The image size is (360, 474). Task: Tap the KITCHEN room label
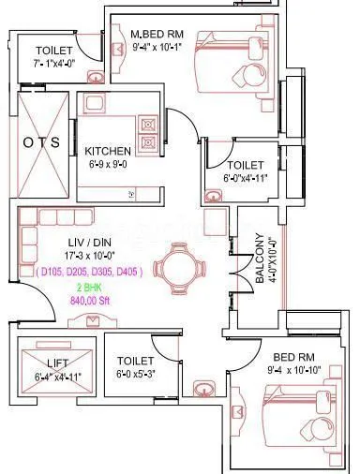(108, 151)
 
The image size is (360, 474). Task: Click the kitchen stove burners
(147, 133)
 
